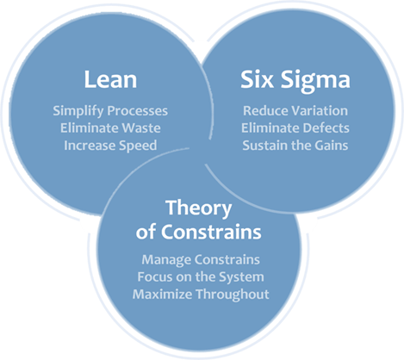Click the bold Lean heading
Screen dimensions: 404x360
pyautogui.click(x=110, y=79)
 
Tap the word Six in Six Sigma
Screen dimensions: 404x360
pyautogui.click(x=257, y=79)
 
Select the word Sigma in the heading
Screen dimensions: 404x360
pyautogui.click(x=315, y=81)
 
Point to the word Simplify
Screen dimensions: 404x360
pyautogui.click(x=78, y=111)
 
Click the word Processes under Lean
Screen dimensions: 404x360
pyautogui.click(x=137, y=111)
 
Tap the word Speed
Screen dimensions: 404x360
pyautogui.click(x=138, y=146)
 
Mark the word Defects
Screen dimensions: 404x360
pyautogui.click(x=326, y=128)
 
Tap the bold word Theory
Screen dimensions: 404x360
pyautogui.click(x=199, y=208)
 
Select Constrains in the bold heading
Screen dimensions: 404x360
pyautogui.click(x=211, y=232)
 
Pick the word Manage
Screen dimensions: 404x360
pyautogui.click(x=166, y=260)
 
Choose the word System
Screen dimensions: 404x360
pyautogui.click(x=241, y=277)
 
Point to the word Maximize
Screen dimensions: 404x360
pyautogui.click(x=162, y=295)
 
